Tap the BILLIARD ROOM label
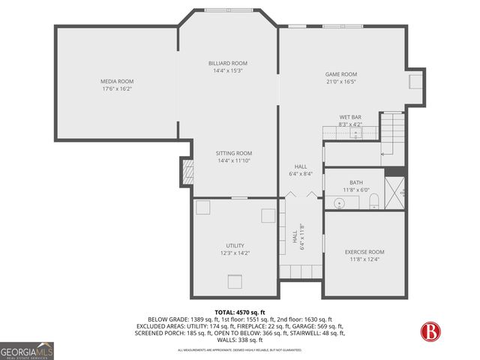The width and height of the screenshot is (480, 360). [228, 63]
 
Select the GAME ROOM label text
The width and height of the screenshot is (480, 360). [340, 74]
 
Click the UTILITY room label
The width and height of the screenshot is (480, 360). [235, 245]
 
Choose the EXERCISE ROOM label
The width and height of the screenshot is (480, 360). [364, 252]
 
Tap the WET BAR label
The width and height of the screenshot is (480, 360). [350, 117]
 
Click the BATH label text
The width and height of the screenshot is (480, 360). [355, 182]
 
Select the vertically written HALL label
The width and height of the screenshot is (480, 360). [295, 236]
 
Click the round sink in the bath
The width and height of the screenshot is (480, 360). [339, 203]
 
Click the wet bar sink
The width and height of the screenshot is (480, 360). [355, 132]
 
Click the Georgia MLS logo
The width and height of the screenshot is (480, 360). [26, 350]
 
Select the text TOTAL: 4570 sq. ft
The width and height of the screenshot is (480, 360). [240, 312]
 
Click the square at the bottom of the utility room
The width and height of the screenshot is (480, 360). [235, 281]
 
